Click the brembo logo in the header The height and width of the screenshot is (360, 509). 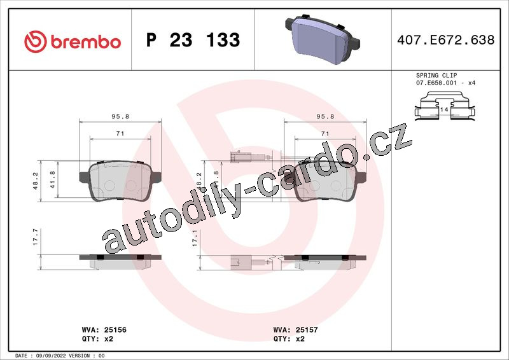tap(73, 42)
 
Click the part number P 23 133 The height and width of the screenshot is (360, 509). tap(193, 40)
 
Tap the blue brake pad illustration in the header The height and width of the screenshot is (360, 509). tap(323, 39)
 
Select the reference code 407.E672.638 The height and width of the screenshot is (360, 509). tap(446, 40)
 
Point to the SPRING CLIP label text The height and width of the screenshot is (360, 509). tap(436, 75)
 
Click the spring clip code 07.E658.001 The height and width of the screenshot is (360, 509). tap(436, 83)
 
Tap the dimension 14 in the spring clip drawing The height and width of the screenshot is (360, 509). tap(444, 109)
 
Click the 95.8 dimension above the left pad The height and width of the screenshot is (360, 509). tap(120, 116)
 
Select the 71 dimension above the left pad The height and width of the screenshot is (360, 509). tap(120, 133)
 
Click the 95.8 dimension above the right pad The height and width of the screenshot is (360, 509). tap(325, 116)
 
